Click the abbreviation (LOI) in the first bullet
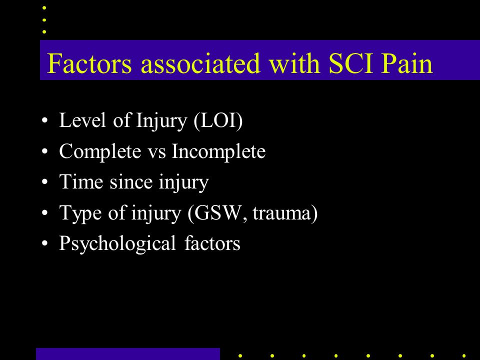[x=217, y=121]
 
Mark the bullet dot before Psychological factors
[x=46, y=244]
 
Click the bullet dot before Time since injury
[x=46, y=183]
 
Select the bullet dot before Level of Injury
[x=46, y=121]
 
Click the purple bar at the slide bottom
[x=128, y=353]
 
